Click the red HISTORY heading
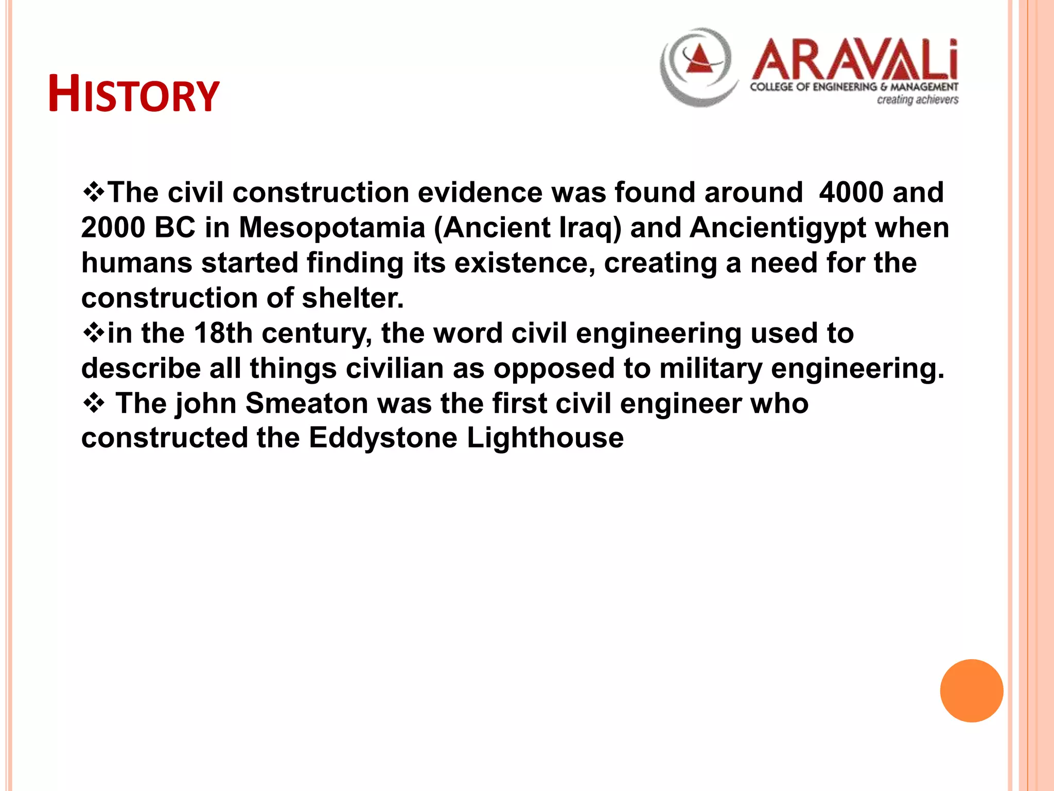pyautogui.click(x=134, y=95)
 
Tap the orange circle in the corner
pyautogui.click(x=971, y=691)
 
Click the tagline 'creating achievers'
pyautogui.click(x=917, y=99)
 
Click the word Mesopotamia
pyautogui.click(x=332, y=228)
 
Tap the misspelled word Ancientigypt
pyautogui.click(x=778, y=228)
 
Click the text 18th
pyautogui.click(x=223, y=333)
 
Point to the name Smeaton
pyautogui.click(x=307, y=403)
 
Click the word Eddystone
pyautogui.click(x=383, y=438)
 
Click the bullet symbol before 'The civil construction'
pyautogui.click(x=93, y=192)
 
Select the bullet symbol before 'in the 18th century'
pyautogui.click(x=93, y=333)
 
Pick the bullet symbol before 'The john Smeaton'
pyautogui.click(x=93, y=403)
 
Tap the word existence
pyautogui.click(x=521, y=263)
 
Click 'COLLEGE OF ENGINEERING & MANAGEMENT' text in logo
pyautogui.click(x=854, y=87)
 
